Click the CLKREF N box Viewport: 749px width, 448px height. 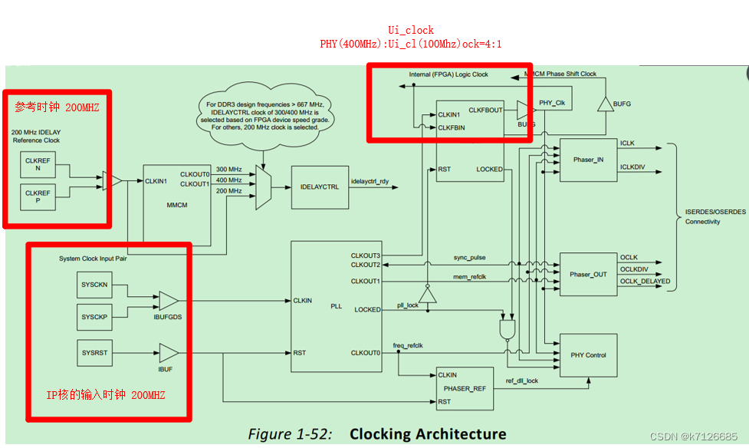tap(37, 165)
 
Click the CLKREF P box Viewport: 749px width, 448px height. tap(37, 198)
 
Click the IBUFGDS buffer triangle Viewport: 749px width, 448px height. tap(167, 300)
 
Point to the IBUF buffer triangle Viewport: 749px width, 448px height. tap(167, 353)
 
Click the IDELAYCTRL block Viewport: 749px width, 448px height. tap(320, 187)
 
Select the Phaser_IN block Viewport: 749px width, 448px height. tap(588, 160)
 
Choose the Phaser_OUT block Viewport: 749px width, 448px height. tap(588, 274)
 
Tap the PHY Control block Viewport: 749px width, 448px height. tap(588, 355)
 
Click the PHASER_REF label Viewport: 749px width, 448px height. tap(465, 388)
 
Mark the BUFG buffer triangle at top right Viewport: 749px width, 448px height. tap(605, 101)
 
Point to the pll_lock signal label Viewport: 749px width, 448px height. tap(407, 305)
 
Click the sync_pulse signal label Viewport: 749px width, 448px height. tap(469, 258)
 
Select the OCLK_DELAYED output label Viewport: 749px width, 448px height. tap(645, 282)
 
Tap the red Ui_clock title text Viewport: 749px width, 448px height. tap(410, 31)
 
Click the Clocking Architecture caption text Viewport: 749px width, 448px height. tap(428, 434)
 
